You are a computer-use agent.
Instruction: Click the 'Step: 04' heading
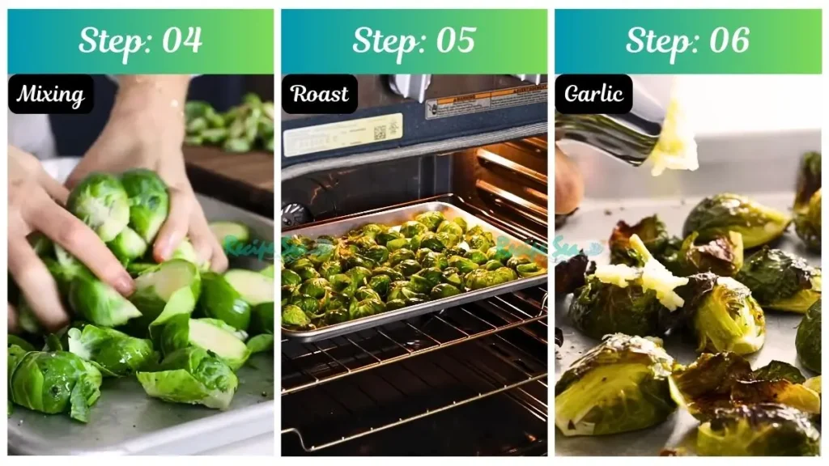140,41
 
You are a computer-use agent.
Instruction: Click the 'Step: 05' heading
414,41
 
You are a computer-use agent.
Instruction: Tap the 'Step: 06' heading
687,41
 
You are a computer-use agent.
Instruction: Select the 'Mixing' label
50,95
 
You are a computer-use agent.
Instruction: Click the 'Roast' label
320,95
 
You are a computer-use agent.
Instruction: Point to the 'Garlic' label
593,95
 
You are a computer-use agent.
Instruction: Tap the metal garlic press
615,129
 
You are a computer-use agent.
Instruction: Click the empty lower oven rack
413,388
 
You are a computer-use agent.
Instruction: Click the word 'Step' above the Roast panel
382,41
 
